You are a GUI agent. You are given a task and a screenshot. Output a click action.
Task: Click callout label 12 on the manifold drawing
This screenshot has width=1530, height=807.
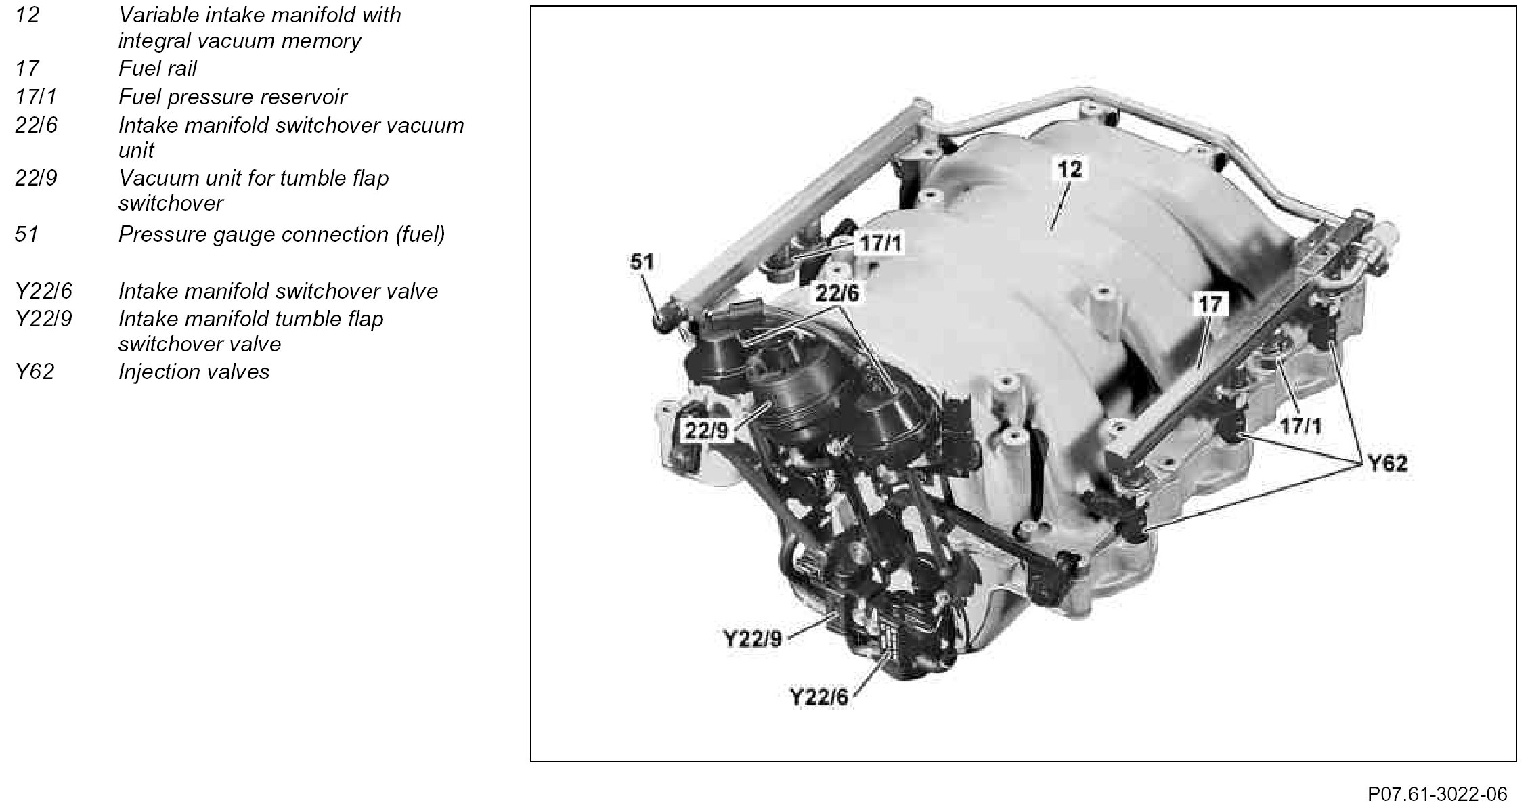click(1070, 169)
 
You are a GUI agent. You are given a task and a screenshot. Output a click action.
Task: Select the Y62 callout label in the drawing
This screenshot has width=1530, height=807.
click(1387, 463)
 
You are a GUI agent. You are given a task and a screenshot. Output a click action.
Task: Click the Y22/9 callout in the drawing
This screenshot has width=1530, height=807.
click(752, 638)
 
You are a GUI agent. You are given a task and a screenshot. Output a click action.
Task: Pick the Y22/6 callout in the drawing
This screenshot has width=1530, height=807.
click(818, 697)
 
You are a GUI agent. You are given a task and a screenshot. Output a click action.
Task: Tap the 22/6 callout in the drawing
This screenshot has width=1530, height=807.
click(837, 293)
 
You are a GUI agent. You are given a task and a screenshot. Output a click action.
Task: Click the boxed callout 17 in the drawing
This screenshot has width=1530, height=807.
click(1210, 304)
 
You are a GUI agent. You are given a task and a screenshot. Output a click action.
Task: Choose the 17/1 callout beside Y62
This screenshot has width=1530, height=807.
click(1300, 425)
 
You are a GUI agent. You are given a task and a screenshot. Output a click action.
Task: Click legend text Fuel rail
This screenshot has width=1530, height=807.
click(158, 68)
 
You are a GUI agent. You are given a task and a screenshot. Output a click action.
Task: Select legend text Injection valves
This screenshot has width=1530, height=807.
click(194, 372)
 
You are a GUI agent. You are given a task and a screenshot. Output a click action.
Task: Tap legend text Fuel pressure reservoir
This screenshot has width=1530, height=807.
click(232, 97)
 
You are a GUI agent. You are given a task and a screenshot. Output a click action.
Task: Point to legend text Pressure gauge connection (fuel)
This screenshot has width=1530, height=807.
click(282, 234)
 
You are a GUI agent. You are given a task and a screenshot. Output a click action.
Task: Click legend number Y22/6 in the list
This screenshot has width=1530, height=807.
click(43, 291)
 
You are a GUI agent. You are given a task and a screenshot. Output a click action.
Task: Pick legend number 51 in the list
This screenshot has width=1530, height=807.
click(27, 234)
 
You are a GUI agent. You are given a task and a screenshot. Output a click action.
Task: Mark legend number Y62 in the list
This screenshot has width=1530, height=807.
click(35, 372)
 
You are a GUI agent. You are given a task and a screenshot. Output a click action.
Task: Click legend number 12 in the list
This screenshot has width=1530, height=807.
click(27, 14)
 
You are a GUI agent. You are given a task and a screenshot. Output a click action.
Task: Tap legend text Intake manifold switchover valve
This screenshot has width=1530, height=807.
click(278, 291)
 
